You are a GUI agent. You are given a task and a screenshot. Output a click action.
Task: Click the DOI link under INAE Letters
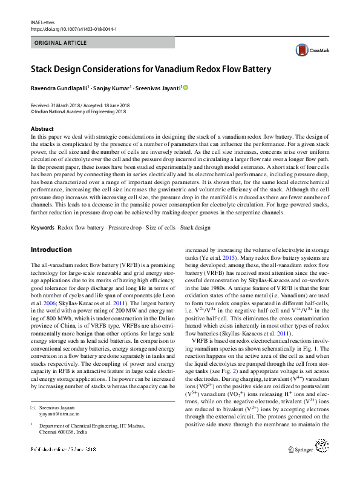click(73, 28)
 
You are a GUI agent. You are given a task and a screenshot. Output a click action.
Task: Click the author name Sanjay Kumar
click(113, 88)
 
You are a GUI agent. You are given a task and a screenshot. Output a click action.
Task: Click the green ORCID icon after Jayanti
click(186, 87)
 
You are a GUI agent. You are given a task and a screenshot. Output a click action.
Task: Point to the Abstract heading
click(42, 129)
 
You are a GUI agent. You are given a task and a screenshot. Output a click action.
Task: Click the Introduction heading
click(51, 249)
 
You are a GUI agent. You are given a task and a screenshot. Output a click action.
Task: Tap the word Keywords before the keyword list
click(42, 228)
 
